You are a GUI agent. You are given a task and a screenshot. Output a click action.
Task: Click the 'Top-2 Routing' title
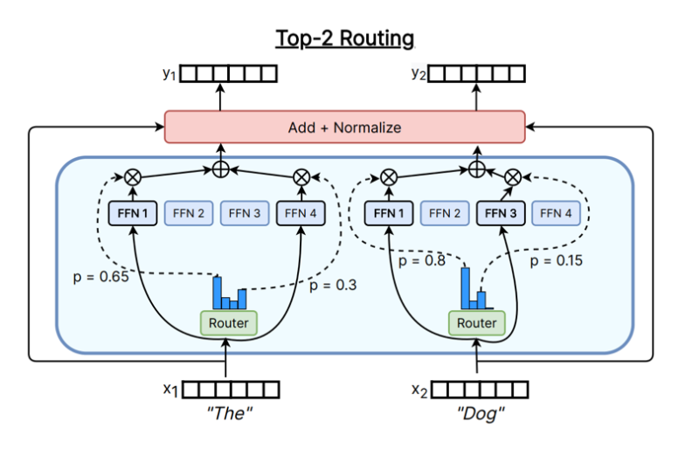(x=344, y=38)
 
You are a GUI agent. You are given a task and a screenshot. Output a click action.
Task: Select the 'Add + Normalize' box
(x=344, y=128)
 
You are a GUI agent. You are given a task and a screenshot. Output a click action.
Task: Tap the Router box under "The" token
(x=228, y=323)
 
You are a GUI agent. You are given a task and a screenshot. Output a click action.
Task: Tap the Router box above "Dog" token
(x=477, y=323)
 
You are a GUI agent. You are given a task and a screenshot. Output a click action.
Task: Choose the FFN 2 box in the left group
(x=188, y=212)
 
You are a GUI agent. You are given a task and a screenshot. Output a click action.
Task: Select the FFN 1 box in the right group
(x=389, y=212)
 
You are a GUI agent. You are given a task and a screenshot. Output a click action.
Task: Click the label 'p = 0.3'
(x=335, y=285)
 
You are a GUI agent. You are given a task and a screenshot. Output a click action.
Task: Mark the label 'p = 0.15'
(x=556, y=259)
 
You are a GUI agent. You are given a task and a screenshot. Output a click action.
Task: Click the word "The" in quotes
(x=231, y=412)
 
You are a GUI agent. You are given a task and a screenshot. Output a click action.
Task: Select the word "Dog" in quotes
(x=481, y=412)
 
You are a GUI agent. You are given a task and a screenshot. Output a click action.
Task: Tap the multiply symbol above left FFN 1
(x=134, y=176)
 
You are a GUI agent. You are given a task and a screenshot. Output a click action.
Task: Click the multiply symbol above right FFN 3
(x=514, y=176)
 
